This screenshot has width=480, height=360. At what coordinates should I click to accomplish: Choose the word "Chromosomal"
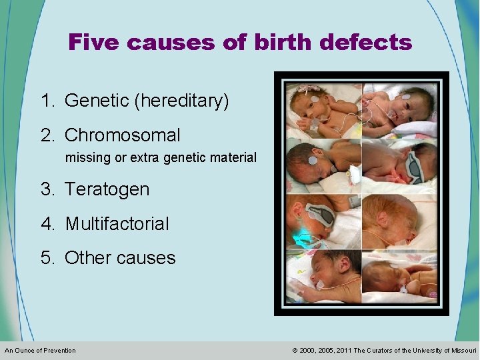[123, 136]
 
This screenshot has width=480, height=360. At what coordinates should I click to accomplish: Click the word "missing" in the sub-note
[85, 158]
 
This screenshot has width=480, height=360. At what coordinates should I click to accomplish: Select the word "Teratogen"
[107, 189]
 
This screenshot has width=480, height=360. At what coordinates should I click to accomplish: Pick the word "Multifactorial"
[117, 224]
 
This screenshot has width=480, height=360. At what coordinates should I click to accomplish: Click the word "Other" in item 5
[88, 258]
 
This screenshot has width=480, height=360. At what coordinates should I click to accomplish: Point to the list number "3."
[48, 189]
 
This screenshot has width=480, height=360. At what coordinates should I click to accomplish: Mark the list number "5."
[48, 258]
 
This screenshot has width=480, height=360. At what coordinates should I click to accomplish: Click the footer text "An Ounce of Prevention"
[41, 351]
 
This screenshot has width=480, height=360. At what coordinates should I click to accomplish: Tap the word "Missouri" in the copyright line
[463, 351]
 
